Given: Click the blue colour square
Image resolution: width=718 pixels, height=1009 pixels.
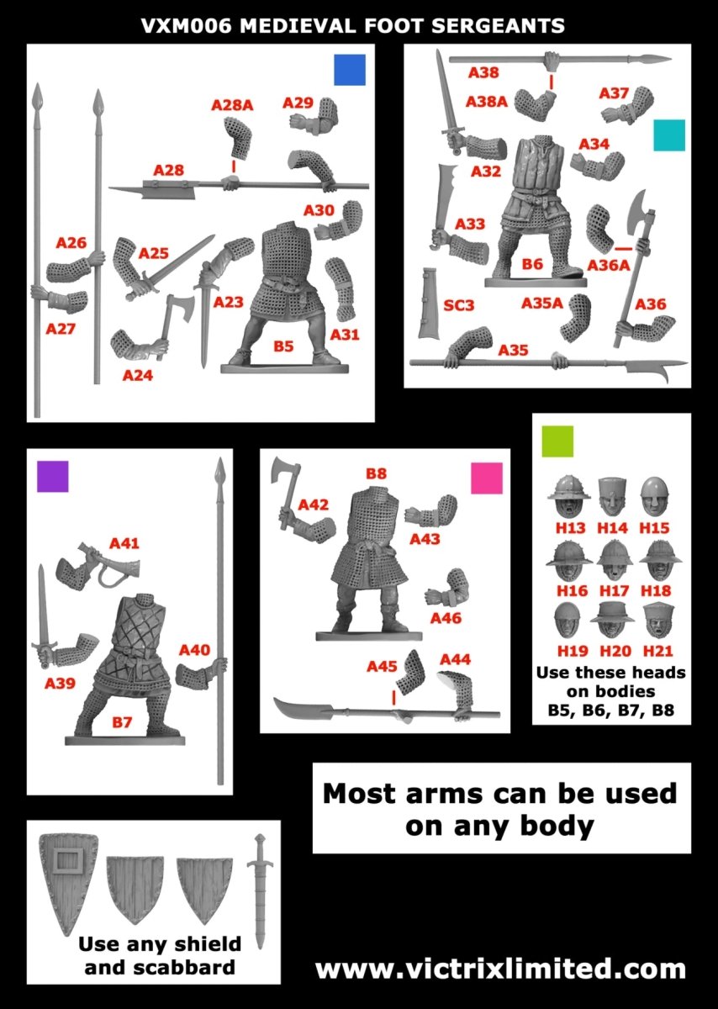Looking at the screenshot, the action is (x=350, y=70).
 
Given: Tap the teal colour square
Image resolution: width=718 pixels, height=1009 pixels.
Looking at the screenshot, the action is (x=669, y=135).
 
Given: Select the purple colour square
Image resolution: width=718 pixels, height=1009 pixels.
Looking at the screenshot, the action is (x=53, y=476).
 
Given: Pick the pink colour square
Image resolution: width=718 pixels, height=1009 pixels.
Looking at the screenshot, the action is (x=487, y=478).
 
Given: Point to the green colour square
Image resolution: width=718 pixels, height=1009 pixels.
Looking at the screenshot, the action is (x=557, y=441).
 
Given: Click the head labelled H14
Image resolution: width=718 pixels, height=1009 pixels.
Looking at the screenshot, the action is (x=612, y=497).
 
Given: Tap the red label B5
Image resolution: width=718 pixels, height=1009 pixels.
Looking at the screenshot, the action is (x=283, y=346).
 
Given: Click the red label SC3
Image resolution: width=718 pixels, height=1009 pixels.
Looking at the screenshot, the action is (x=458, y=305).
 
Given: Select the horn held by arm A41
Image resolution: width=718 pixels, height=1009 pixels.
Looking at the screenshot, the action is (x=109, y=564).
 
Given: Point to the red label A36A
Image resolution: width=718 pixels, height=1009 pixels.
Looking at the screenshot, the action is (x=609, y=266).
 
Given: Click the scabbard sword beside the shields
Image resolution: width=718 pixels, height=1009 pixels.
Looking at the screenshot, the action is (x=260, y=891).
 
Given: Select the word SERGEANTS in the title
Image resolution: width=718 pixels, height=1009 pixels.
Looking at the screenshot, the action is (x=498, y=26).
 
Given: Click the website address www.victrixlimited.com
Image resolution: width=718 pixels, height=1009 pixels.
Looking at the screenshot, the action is (x=500, y=969).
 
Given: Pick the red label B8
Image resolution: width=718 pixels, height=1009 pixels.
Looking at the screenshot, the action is (x=376, y=473).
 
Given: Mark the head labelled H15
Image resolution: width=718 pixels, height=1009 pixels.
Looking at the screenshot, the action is (x=654, y=497).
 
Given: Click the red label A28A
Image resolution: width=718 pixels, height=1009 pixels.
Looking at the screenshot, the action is (x=232, y=105).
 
